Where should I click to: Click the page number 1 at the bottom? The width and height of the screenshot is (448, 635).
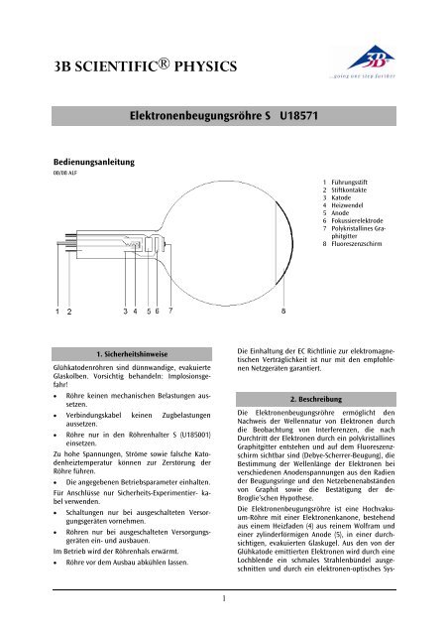224,597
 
